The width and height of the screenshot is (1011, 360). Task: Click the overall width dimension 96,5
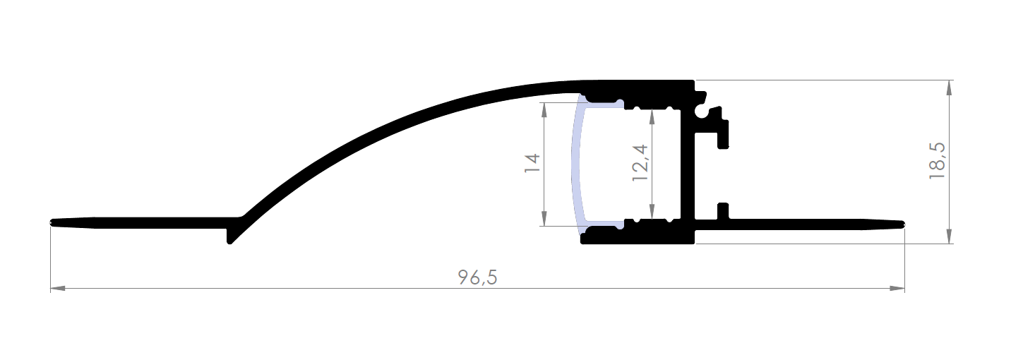(477, 277)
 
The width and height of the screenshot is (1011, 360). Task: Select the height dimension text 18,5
(937, 162)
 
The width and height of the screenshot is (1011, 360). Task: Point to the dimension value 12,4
(640, 164)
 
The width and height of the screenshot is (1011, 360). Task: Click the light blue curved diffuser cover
(575, 164)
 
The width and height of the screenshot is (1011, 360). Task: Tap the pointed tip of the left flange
(53, 223)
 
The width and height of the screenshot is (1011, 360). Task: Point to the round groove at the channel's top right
(701, 111)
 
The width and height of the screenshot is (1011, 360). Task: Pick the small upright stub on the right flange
(722, 211)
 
